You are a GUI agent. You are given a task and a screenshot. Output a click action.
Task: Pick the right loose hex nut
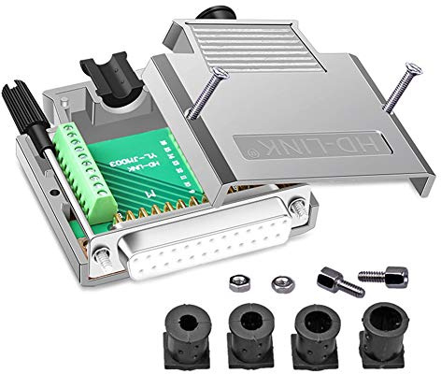pyautogui.click(x=278, y=280)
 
